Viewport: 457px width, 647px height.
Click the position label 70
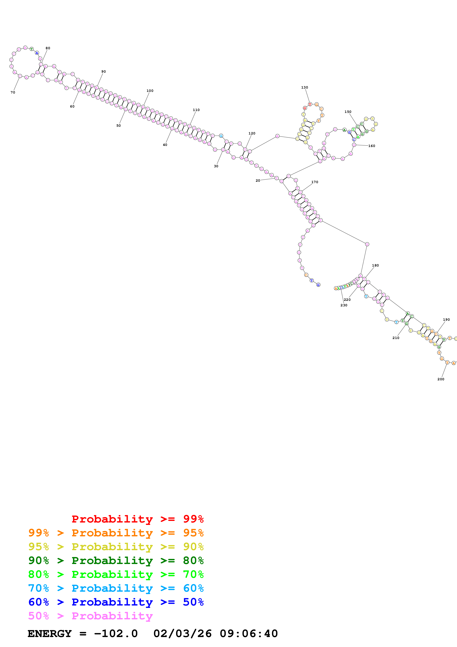(x=13, y=92)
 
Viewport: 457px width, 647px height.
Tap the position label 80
(x=48, y=48)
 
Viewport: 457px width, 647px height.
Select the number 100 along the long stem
(x=150, y=91)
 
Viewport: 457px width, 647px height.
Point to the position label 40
(x=165, y=145)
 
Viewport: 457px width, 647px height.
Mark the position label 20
(x=258, y=181)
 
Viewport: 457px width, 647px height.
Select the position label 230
(x=344, y=305)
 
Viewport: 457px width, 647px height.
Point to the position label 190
(x=446, y=320)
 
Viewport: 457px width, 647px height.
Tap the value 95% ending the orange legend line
(x=193, y=533)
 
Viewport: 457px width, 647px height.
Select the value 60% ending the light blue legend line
(x=193, y=588)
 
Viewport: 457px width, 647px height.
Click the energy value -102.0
(x=116, y=634)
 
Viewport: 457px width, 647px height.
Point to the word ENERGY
(x=50, y=634)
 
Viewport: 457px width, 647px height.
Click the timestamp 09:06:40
(x=249, y=634)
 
